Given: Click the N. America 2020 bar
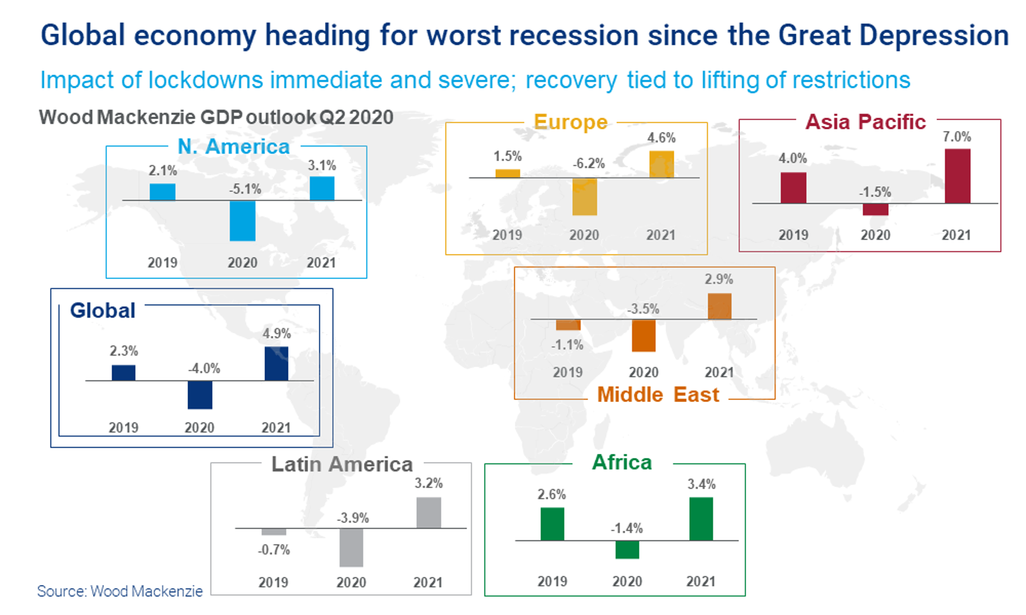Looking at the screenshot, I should [242, 221].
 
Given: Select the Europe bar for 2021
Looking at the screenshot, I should [661, 165].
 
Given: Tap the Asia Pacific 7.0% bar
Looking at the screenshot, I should [957, 176].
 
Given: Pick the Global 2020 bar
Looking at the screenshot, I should [200, 395].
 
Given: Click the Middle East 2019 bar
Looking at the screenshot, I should [568, 325].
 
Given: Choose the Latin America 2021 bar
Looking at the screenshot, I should [429, 512].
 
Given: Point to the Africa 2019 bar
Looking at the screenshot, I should [552, 524].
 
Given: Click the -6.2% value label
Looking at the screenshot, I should [589, 163].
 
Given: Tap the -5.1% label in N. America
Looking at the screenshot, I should [245, 189].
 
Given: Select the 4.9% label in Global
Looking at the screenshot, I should [276, 334].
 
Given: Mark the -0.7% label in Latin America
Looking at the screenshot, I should [274, 550].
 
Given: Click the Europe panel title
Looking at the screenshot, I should [571, 122].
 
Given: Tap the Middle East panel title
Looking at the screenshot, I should [658, 395].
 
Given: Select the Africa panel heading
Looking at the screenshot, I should [622, 462].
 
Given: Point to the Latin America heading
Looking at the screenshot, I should [341, 464].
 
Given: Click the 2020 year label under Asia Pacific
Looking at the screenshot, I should [875, 235].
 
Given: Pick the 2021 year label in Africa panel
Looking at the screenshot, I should [701, 581].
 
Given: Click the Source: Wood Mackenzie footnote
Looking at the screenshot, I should [120, 591].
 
